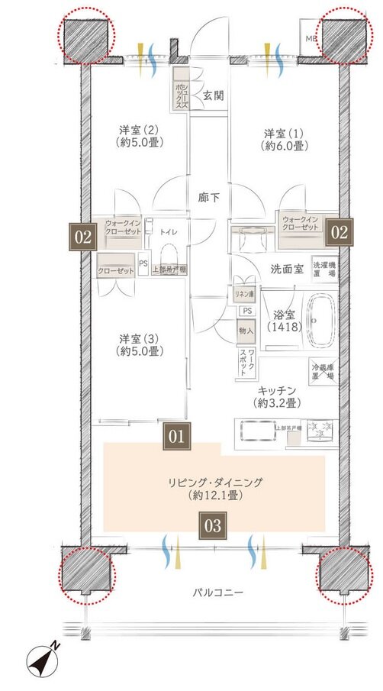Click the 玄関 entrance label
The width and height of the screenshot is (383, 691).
(x=213, y=95)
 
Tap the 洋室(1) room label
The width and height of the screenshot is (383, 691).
(x=283, y=138)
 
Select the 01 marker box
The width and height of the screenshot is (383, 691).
(x=176, y=437)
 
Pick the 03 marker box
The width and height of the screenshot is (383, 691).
(x=214, y=525)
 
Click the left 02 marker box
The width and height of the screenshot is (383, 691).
(x=83, y=237)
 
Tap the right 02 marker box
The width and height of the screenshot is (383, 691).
(x=340, y=231)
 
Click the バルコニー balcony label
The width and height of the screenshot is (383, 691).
(x=217, y=593)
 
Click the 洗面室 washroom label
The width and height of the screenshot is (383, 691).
(x=287, y=269)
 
